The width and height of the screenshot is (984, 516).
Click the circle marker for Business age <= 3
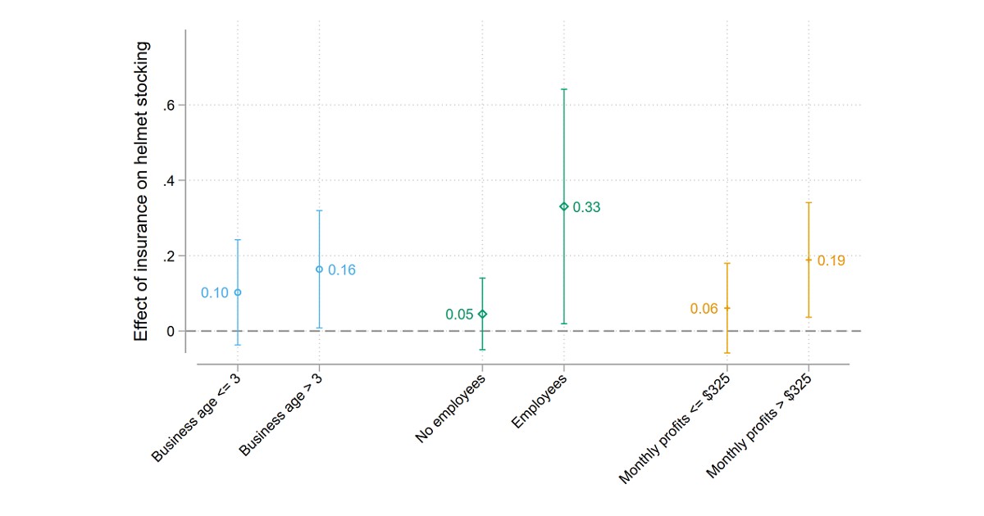(x=238, y=292)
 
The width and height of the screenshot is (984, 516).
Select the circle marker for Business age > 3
(x=319, y=269)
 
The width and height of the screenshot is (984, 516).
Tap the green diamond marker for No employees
(x=482, y=314)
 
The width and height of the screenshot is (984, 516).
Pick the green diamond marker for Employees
(x=563, y=206)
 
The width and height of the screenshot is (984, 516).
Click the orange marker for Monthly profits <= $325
(x=727, y=308)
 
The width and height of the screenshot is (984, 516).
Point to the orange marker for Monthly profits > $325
(x=809, y=260)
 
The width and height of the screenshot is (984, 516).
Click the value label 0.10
(x=214, y=293)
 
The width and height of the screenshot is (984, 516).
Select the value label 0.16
(x=342, y=270)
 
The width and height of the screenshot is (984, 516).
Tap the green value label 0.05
(x=459, y=315)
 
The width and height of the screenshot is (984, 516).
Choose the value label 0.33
(x=586, y=208)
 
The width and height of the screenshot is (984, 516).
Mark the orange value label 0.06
(x=704, y=309)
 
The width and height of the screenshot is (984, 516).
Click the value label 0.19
(x=831, y=261)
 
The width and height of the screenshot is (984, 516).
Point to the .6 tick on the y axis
(x=170, y=106)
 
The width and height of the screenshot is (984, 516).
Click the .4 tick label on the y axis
(x=170, y=181)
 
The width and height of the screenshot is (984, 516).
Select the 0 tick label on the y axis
(x=171, y=332)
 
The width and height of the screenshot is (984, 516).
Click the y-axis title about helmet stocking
(x=142, y=191)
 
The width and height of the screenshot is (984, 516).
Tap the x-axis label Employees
(x=539, y=401)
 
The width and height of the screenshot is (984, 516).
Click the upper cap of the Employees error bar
(x=563, y=88)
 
